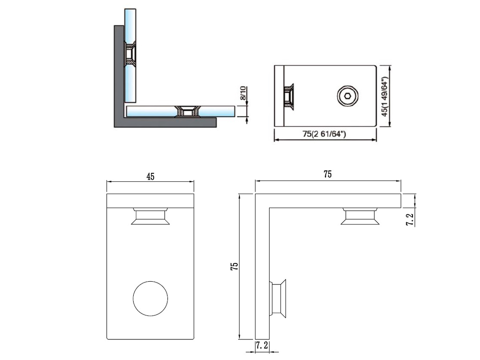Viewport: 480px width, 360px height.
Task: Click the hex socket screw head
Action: pos(347,97)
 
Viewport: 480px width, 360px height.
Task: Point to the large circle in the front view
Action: pos(151,299)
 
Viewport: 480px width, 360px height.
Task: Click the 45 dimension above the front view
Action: pos(150,177)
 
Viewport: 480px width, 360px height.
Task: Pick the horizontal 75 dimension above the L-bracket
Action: pos(327,174)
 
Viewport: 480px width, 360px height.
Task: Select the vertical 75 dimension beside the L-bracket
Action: pos(235,266)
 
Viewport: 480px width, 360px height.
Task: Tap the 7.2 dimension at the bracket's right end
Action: pos(410,218)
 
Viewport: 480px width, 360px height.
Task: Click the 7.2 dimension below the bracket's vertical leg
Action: pos(262,346)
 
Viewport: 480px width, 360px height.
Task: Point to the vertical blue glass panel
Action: pos(130,28)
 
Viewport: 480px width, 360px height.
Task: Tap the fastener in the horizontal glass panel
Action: pos(187,112)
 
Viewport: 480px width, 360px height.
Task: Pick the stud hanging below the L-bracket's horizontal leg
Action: pos(360,216)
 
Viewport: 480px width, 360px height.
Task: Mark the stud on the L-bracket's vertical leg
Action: pos(277,298)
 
